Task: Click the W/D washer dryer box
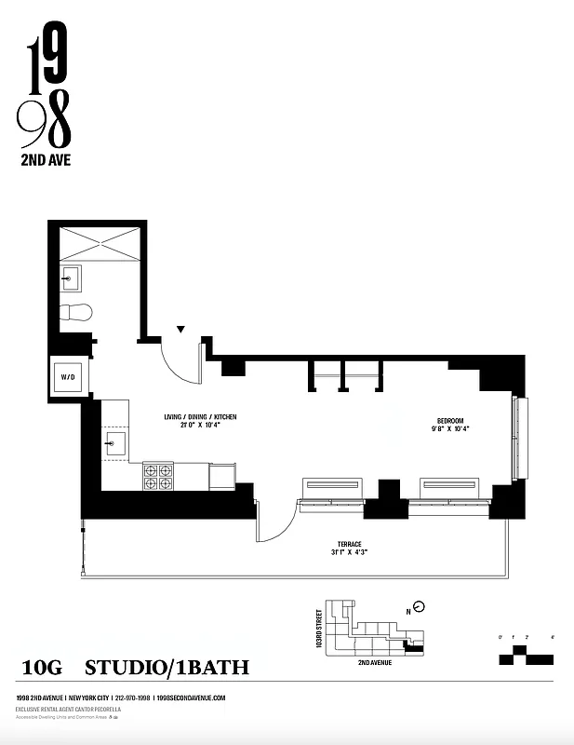click(68, 377)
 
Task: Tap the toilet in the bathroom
click(74, 313)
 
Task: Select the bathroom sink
click(71, 277)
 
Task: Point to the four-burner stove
click(158, 476)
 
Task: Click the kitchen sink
click(115, 441)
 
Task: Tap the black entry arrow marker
click(181, 329)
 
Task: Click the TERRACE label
click(349, 543)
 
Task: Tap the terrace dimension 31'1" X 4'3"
click(349, 552)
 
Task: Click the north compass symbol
click(419, 607)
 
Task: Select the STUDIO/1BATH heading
click(167, 668)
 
